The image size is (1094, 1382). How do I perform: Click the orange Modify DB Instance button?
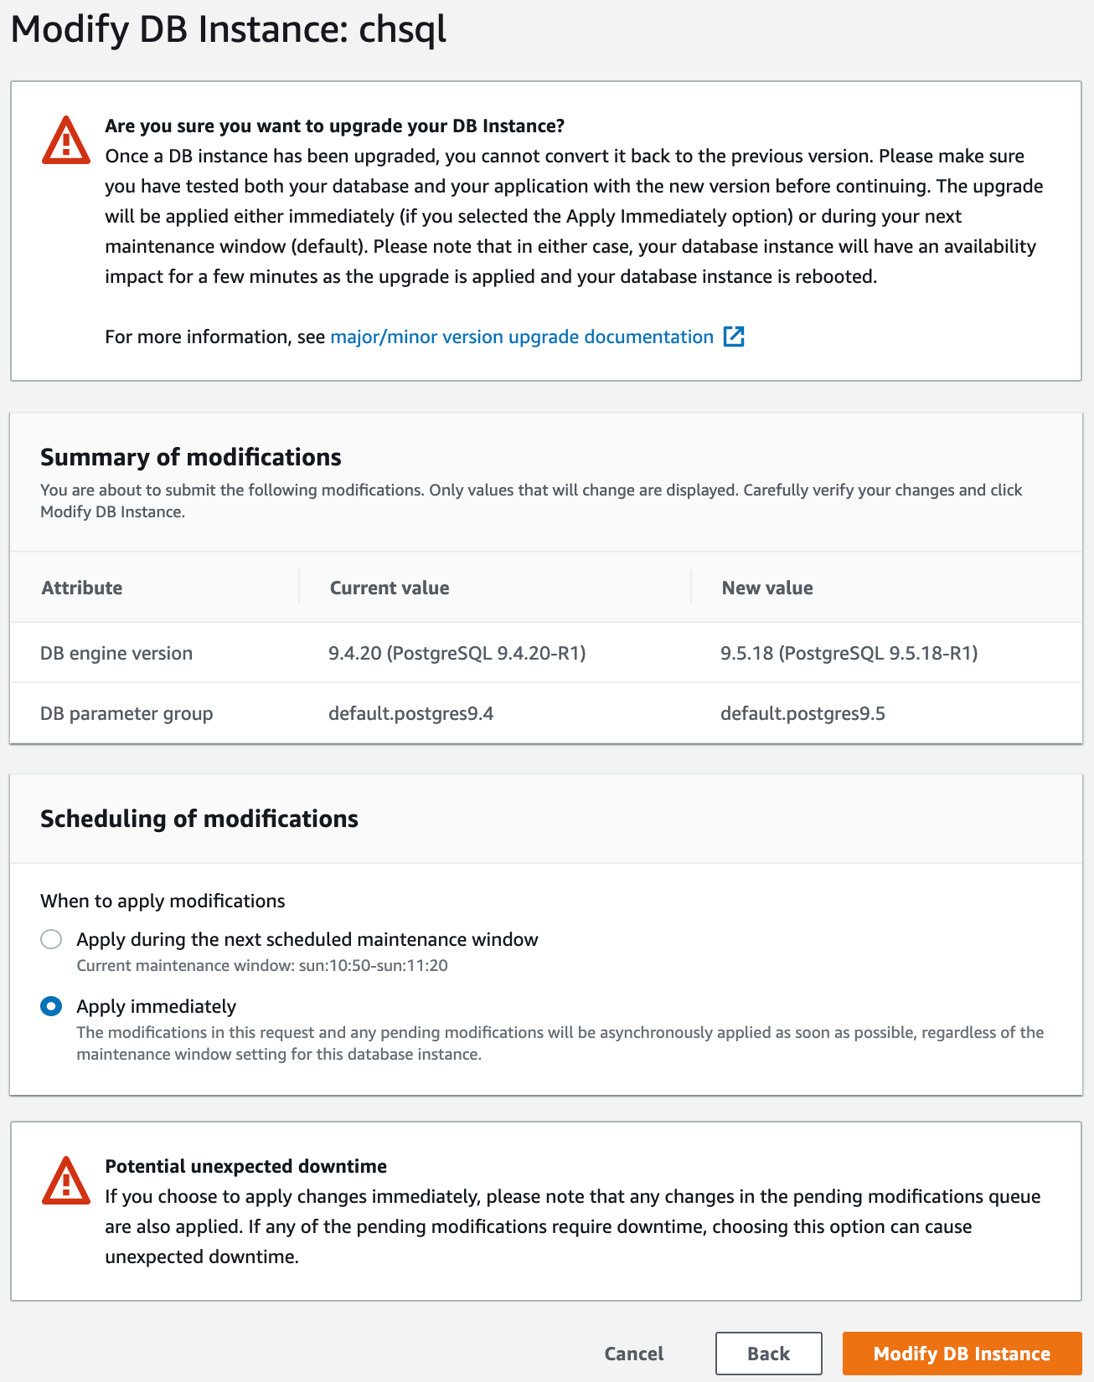(962, 1354)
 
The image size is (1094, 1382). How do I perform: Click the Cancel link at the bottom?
(633, 1354)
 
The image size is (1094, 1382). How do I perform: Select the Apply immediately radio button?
(51, 1006)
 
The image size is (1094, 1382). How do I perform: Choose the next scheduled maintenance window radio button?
(51, 939)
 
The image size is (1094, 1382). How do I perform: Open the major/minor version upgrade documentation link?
(521, 337)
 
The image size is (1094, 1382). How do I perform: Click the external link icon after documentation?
(734, 337)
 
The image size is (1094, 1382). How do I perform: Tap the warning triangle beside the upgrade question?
(66, 140)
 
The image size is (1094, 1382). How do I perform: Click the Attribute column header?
(82, 588)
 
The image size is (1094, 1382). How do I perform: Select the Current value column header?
(390, 588)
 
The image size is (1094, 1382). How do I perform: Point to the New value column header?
(767, 588)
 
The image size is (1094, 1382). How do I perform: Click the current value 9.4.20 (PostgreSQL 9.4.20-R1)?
(457, 653)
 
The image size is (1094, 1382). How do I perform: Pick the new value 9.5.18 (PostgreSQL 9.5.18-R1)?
(849, 653)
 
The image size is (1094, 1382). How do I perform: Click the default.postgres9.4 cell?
(410, 713)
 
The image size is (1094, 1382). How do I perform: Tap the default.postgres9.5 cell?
(802, 713)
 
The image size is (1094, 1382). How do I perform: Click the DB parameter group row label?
(126, 713)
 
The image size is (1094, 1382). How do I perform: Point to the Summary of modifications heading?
(191, 457)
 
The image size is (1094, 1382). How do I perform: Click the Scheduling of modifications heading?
(199, 819)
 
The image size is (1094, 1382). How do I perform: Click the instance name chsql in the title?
(402, 29)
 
